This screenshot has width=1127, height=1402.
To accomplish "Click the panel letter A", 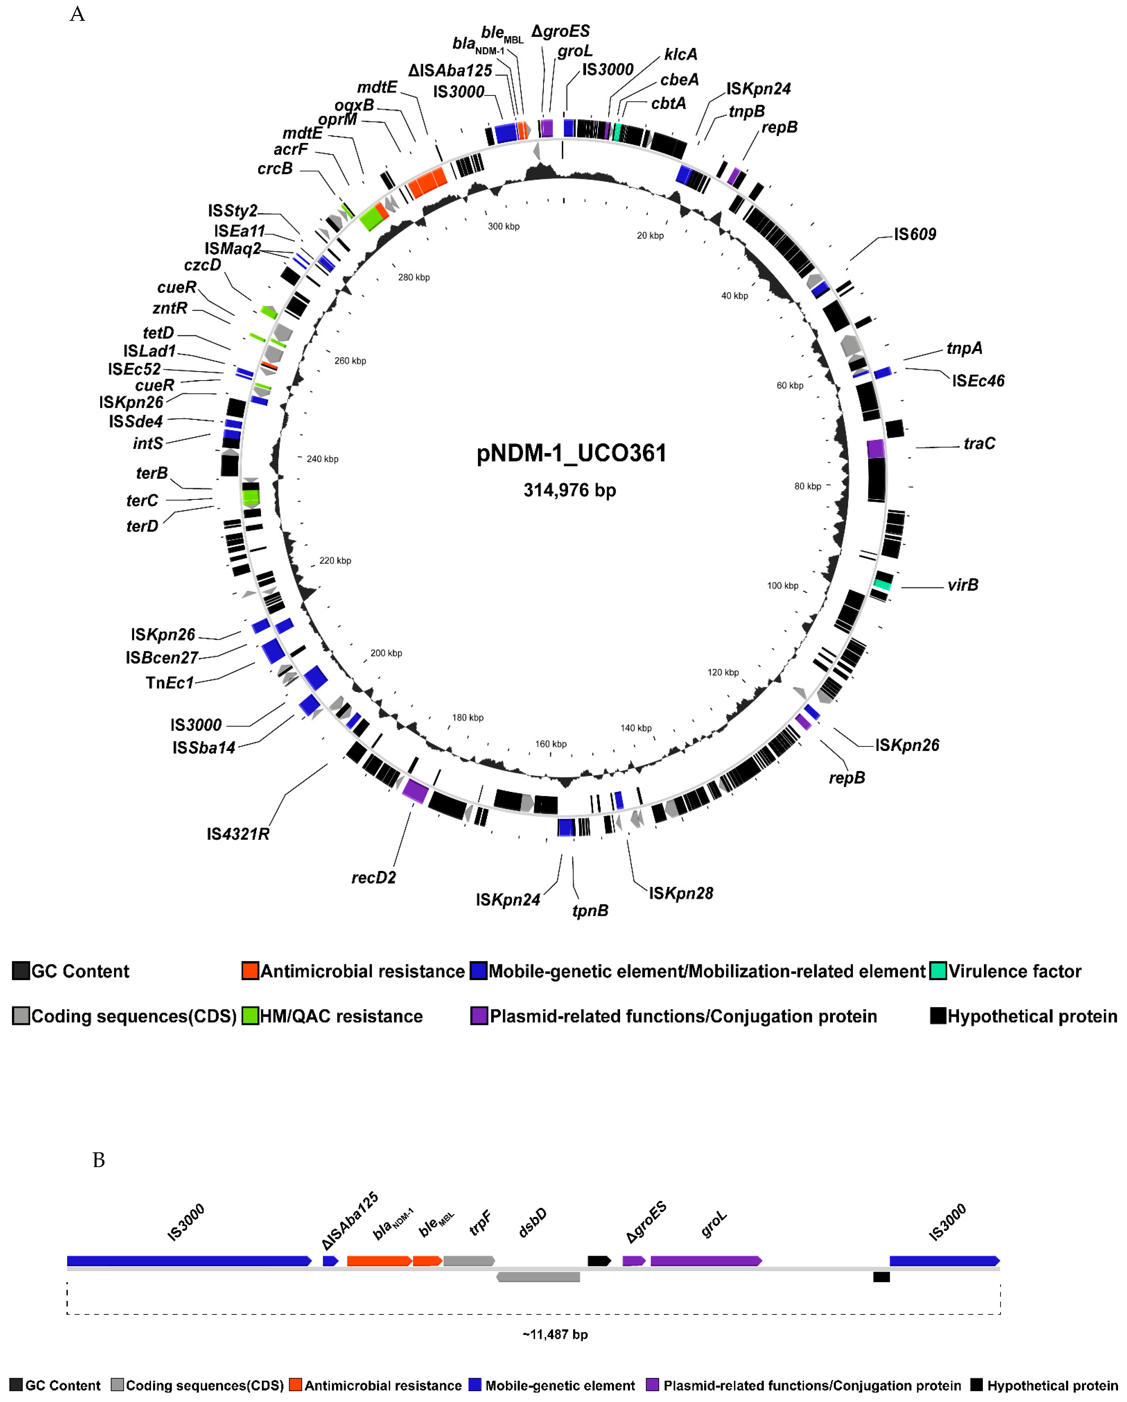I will [x=77, y=14].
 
